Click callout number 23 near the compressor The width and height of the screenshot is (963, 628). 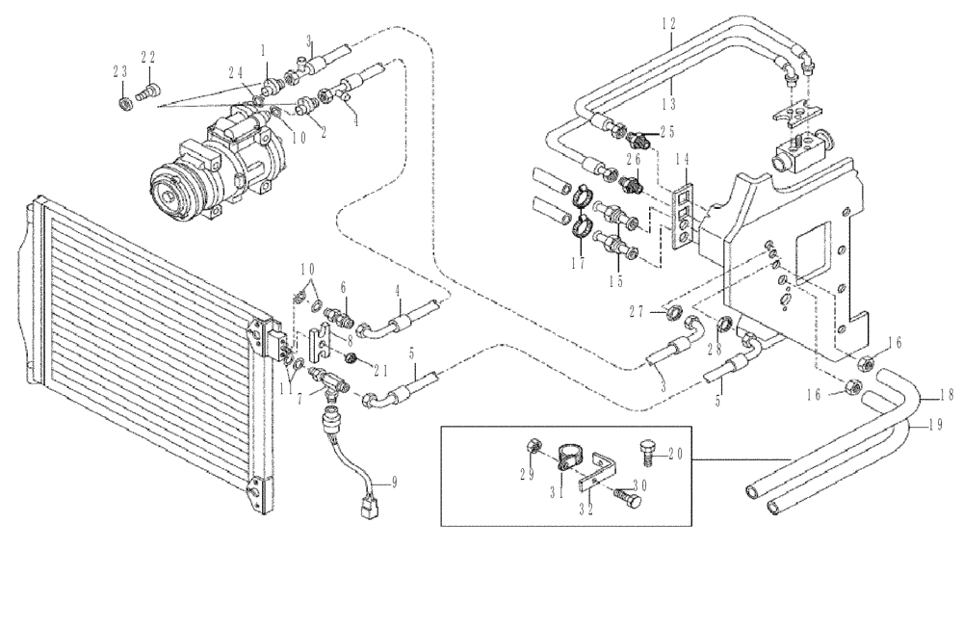(119, 71)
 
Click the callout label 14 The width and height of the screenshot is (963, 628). (682, 159)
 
